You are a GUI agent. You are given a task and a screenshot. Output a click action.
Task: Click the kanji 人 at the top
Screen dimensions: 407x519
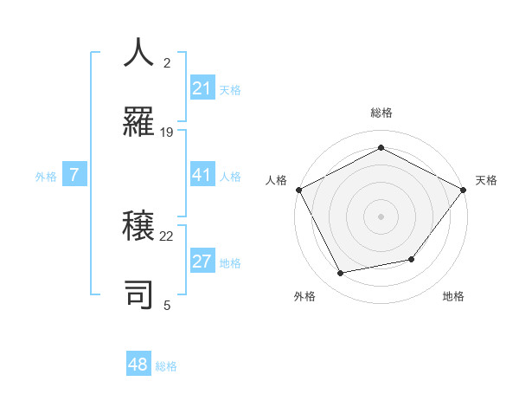(x=139, y=53)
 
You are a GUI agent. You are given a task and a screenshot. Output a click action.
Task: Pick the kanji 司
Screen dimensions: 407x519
(x=139, y=293)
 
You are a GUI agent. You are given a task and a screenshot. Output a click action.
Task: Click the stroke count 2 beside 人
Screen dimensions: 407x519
(x=167, y=63)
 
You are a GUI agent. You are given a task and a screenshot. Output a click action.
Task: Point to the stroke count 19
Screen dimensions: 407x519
(x=167, y=132)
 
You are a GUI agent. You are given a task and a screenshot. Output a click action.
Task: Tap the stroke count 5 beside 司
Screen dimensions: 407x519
(x=167, y=305)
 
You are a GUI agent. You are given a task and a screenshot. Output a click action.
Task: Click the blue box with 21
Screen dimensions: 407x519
(x=202, y=88)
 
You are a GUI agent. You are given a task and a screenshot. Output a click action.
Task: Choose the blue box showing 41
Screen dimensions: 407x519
(x=202, y=175)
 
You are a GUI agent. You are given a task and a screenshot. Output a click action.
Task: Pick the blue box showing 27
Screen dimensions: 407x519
(x=202, y=262)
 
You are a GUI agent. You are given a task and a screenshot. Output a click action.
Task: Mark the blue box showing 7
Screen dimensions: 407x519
(x=74, y=175)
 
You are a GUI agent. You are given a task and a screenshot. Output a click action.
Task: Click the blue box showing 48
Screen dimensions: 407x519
(x=138, y=365)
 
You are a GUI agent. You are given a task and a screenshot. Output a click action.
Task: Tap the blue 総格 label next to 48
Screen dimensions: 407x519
(x=166, y=366)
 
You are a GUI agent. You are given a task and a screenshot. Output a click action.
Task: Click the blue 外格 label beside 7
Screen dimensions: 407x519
(x=46, y=177)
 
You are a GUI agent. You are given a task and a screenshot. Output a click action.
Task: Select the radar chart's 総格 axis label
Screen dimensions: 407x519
(x=381, y=113)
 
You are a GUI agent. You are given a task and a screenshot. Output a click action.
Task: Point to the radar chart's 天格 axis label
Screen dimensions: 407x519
(x=487, y=180)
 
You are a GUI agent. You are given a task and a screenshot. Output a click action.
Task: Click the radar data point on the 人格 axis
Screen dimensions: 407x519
(x=299, y=190)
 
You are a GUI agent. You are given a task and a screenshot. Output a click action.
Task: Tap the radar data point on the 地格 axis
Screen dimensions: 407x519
(x=412, y=259)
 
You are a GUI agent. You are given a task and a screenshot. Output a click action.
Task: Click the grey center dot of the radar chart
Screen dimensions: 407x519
(x=381, y=216)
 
